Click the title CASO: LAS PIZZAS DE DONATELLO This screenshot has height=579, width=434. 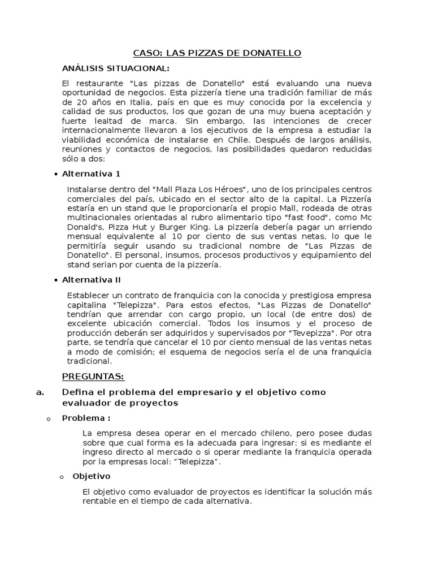coord(217,53)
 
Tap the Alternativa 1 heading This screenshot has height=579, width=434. coord(91,174)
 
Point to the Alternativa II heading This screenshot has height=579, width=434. coord(92,280)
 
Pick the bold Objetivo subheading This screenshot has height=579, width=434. coord(92,476)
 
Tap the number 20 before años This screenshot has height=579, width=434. coord(81,102)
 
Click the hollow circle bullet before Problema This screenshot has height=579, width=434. coord(48,418)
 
